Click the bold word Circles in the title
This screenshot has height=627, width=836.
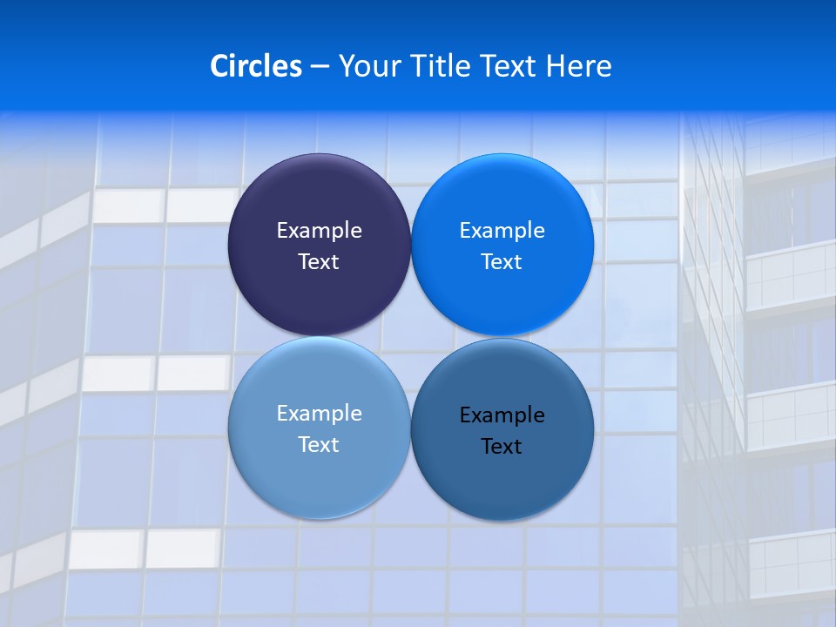(256, 66)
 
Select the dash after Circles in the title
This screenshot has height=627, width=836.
(320, 66)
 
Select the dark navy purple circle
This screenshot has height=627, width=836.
(319, 197)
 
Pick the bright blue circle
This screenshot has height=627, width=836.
(502, 197)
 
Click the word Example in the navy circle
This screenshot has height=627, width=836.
(319, 231)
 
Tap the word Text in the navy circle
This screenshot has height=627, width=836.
(319, 262)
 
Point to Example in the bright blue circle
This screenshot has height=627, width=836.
(502, 231)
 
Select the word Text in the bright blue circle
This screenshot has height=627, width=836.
(502, 262)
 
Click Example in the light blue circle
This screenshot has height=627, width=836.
(319, 414)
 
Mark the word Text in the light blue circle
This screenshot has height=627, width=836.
(319, 445)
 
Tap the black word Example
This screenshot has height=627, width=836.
(502, 415)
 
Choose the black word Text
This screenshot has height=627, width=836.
(502, 447)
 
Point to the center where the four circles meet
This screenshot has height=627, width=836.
(411, 336)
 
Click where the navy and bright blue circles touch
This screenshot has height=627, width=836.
(411, 245)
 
